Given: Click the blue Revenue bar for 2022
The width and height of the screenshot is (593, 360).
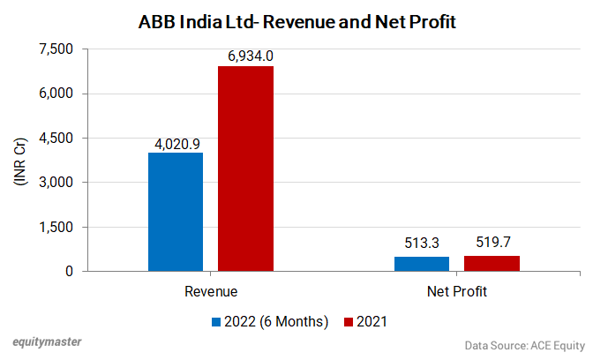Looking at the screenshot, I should [x=176, y=212].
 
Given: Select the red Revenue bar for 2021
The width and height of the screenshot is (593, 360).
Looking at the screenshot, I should [x=245, y=169].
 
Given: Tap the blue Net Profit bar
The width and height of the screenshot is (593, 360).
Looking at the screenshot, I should [x=422, y=264].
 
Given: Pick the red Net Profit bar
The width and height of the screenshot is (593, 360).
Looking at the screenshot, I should [x=492, y=264].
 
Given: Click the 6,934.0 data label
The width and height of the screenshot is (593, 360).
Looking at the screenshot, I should [x=246, y=56].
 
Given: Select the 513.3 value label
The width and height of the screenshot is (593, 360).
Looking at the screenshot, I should [x=422, y=244].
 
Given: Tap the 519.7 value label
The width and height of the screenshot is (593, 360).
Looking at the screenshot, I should [x=492, y=244].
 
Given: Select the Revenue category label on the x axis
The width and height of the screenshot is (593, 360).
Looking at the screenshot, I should [x=211, y=290].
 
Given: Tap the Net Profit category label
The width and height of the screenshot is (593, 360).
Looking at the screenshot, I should [x=456, y=290].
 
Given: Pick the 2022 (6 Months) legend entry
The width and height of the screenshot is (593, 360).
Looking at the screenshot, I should [x=270, y=321].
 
